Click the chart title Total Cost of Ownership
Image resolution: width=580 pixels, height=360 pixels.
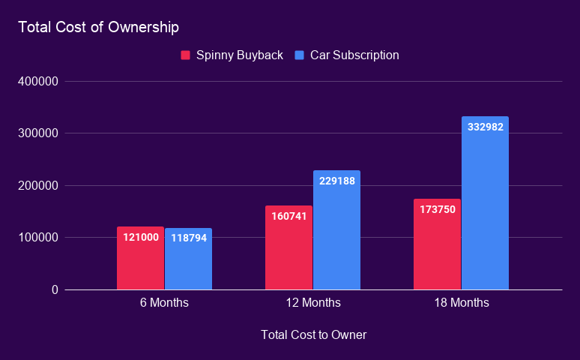click(x=98, y=28)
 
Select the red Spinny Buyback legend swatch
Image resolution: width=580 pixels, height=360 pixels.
click(x=185, y=55)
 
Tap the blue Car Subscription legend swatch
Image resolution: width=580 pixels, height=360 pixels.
click(x=300, y=55)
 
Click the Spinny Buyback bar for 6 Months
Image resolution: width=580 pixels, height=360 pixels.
click(x=140, y=262)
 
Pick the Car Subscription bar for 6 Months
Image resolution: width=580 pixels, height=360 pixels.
click(x=188, y=262)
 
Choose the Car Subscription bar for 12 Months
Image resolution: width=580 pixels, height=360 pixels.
click(x=336, y=232)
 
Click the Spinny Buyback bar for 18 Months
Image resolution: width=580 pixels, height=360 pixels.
click(x=437, y=247)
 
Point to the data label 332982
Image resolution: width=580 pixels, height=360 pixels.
click(x=486, y=127)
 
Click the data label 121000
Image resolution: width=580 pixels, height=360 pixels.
click(x=141, y=237)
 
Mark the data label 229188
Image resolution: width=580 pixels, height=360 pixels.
click(x=337, y=181)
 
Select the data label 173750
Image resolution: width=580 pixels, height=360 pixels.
click(x=438, y=209)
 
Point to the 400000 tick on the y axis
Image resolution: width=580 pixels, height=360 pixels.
click(x=37, y=81)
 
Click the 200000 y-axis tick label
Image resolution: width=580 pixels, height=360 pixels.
click(x=37, y=185)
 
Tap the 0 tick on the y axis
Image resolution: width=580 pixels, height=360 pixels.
click(x=55, y=289)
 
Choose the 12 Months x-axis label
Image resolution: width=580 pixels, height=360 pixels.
click(x=313, y=303)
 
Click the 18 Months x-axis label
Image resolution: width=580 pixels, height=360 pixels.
click(x=462, y=303)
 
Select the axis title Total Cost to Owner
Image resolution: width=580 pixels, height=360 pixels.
click(x=313, y=334)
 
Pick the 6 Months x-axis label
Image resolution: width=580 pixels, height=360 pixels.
click(x=164, y=303)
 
